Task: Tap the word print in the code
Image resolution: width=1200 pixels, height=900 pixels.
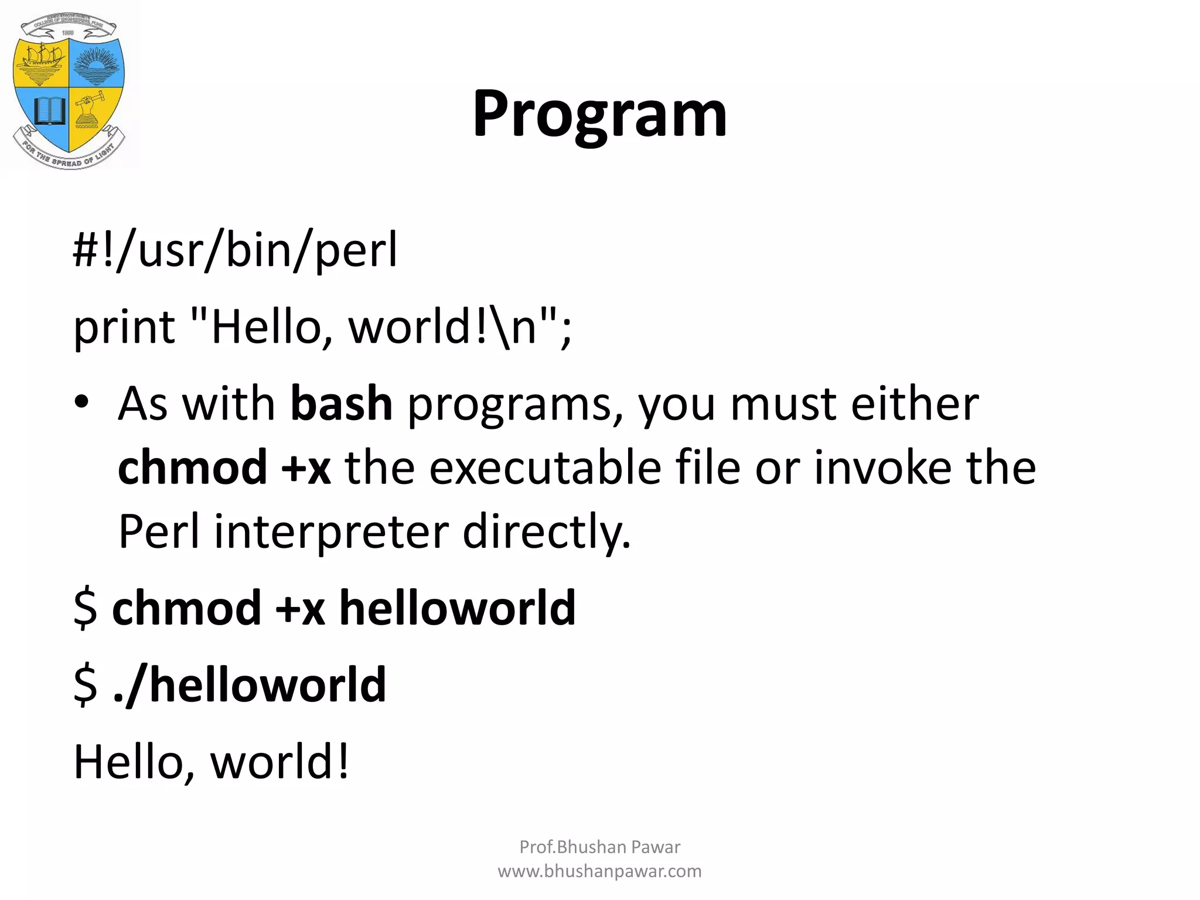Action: (x=124, y=328)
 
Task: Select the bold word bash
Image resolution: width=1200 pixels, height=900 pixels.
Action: (x=342, y=404)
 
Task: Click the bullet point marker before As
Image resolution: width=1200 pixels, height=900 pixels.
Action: (x=81, y=403)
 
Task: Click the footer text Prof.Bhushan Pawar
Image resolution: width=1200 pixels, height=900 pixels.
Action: (x=599, y=847)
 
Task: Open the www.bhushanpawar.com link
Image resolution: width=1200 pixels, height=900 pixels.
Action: (x=599, y=871)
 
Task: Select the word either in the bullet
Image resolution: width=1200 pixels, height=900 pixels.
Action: (x=914, y=404)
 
